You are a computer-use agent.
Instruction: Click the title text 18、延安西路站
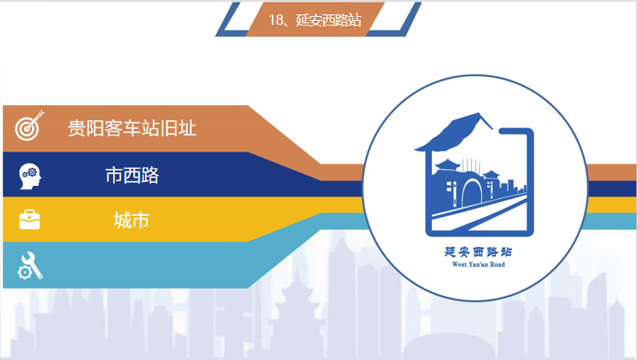click(x=314, y=19)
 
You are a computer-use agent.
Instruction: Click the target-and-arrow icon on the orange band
click(x=30, y=125)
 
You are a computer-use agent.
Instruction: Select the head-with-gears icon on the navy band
click(x=30, y=176)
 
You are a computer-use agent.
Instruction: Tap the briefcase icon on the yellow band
click(x=30, y=220)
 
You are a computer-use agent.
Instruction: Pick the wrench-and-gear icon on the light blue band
click(x=30, y=265)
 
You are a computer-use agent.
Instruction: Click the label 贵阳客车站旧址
click(x=131, y=128)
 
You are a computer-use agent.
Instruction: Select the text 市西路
click(x=131, y=175)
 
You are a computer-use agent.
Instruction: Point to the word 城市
click(x=131, y=220)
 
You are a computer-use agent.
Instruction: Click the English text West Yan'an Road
click(x=478, y=265)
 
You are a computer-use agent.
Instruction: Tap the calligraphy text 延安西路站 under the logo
click(x=478, y=252)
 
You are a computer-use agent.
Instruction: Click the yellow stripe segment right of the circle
click(x=612, y=204)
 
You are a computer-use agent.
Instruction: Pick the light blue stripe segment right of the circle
click(x=610, y=221)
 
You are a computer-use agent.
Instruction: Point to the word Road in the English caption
click(x=498, y=265)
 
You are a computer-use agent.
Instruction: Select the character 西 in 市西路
click(x=131, y=175)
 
